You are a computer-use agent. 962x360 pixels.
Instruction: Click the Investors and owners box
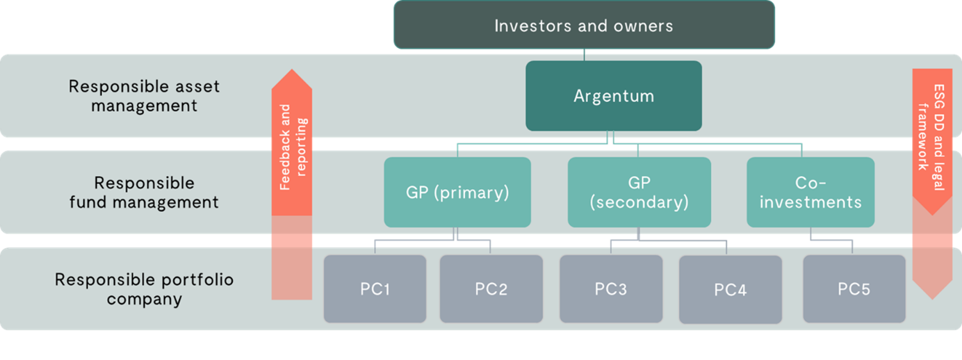pos(584,25)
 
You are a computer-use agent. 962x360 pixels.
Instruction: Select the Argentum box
pos(614,96)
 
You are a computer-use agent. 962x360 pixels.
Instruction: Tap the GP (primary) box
pos(457,192)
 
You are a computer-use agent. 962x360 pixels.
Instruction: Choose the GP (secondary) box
pos(639,192)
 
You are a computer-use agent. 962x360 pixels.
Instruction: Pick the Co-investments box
pos(810,192)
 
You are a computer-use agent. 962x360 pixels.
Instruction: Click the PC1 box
pos(375,288)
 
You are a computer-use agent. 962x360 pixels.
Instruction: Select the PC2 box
pos(491,288)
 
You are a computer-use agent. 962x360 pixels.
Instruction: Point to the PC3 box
pos(611,288)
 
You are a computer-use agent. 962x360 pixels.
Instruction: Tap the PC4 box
pos(731,290)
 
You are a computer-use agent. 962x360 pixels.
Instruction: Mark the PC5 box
pos(854,288)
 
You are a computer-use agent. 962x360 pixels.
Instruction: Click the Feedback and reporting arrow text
pos(293,147)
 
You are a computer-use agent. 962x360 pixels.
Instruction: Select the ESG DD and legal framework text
pos(931,137)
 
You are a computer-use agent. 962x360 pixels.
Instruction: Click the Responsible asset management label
pos(145,96)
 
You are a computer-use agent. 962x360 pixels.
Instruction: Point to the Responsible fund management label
pos(145,193)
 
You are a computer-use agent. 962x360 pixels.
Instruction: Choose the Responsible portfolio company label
pos(145,289)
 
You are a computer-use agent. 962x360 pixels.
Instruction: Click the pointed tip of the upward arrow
pos(292,69)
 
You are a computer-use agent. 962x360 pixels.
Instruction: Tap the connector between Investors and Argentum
pos(584,55)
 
